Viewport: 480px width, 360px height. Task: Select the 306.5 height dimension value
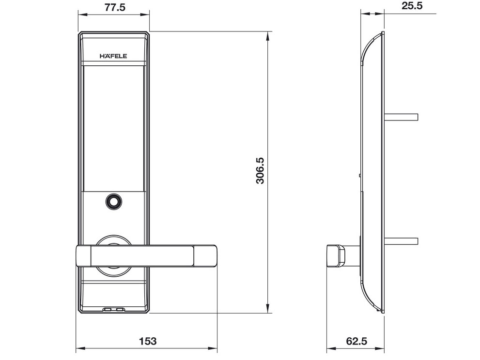pos(260,170)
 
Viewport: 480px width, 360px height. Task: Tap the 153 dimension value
pos(148,341)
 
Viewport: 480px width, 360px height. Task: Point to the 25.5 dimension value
pos(412,6)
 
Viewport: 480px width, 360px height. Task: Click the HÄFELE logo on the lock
pos(113,56)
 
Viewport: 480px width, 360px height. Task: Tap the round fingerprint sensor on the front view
pos(113,202)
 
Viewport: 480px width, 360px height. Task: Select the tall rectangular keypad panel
pos(113,128)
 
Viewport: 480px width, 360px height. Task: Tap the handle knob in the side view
pos(336,255)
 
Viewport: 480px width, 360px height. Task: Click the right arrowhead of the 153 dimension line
pos(216,348)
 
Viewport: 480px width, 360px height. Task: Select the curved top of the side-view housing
pos(371,46)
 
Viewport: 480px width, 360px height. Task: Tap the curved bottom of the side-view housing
pos(371,298)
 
